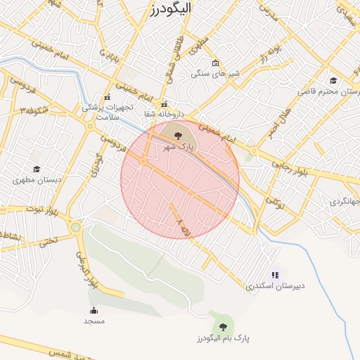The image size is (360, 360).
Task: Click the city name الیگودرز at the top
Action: pos(171,9)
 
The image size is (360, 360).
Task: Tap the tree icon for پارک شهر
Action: pos(176,133)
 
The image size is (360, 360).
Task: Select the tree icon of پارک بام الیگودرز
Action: pos(223,326)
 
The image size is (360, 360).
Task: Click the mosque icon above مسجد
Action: pos(94,310)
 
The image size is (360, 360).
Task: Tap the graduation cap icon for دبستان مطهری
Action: pos(37,169)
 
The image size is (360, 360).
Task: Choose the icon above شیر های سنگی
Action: pos(215,63)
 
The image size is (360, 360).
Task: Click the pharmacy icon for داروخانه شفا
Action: pos(164,103)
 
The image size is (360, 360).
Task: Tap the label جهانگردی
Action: pos(344,201)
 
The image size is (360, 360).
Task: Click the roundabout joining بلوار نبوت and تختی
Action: pos(76,227)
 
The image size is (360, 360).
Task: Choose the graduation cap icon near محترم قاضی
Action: pos(333,80)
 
